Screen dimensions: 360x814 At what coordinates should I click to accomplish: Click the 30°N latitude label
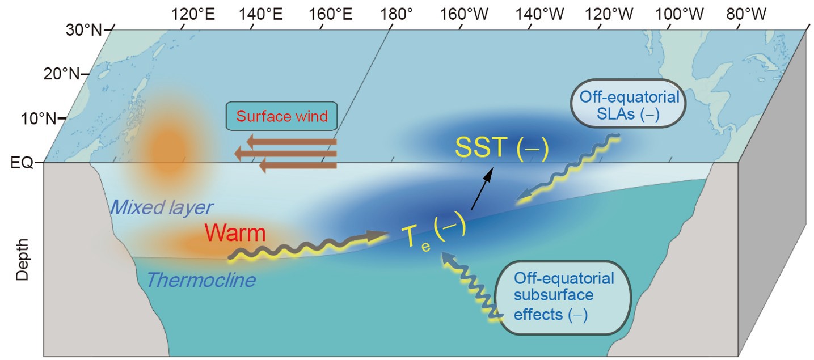coord(84,29)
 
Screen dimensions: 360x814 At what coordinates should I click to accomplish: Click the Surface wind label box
coord(282,117)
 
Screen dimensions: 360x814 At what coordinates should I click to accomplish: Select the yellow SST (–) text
coord(502,150)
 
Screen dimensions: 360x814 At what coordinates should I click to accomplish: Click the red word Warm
coord(235,233)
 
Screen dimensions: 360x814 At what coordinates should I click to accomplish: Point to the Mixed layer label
coord(161,207)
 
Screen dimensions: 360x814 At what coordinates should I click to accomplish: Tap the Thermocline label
coord(201,279)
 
